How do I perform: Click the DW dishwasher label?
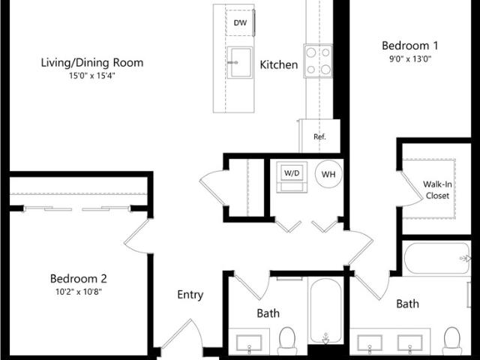[x=240, y=22]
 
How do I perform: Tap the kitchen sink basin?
[x=240, y=62]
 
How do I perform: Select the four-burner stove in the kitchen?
[x=318, y=61]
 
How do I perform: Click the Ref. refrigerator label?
[x=319, y=136]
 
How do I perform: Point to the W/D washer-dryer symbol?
[x=292, y=177]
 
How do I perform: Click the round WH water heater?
[x=328, y=174]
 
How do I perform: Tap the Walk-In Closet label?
[x=437, y=190]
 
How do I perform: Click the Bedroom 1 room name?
[x=410, y=46]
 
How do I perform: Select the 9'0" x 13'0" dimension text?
[x=410, y=58]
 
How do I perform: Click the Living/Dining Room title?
[x=92, y=63]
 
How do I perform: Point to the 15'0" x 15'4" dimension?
[x=91, y=76]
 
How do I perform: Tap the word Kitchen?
[x=278, y=64]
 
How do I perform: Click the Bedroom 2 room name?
[x=79, y=278]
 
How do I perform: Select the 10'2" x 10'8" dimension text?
[x=79, y=292]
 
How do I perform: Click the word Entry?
[x=190, y=295]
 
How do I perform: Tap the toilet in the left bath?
[x=287, y=340]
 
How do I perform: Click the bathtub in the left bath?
[x=325, y=310]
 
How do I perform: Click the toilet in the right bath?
[x=452, y=340]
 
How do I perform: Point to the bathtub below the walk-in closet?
[x=436, y=258]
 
